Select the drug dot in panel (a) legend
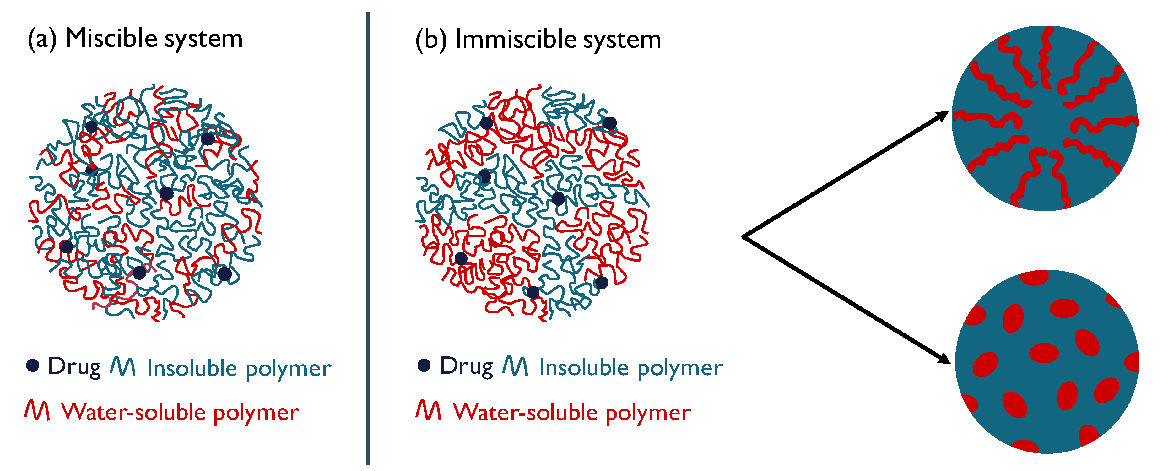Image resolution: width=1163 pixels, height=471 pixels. (x=33, y=365)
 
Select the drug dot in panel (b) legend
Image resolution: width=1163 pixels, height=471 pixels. (x=424, y=365)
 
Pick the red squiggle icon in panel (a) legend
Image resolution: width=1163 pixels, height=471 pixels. (x=37, y=410)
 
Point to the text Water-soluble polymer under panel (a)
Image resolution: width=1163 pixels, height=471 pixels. (x=180, y=412)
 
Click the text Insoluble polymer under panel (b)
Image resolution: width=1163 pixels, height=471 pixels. (x=631, y=368)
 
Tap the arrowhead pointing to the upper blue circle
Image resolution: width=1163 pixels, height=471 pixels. (x=942, y=116)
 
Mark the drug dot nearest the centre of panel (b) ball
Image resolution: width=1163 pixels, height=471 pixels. (x=559, y=198)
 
